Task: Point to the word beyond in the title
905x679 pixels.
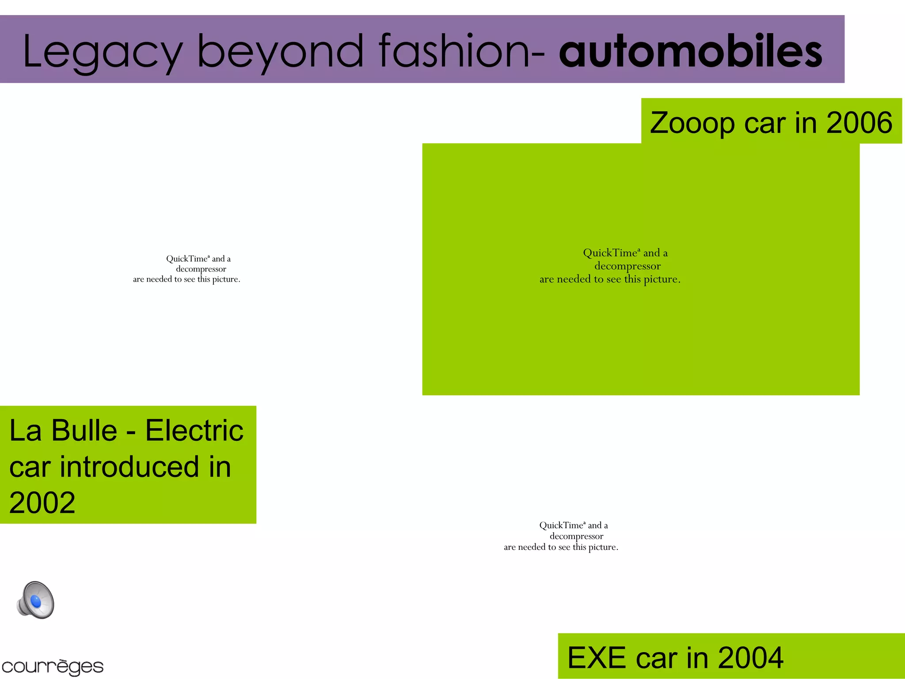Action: coord(280,52)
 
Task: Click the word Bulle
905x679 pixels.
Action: coord(84,430)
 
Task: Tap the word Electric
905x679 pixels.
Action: coord(194,430)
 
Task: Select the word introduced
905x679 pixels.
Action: coord(129,467)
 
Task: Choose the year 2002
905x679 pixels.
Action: coord(42,503)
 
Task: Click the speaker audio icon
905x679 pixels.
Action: coord(35,600)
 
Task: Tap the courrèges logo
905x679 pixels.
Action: coord(52,667)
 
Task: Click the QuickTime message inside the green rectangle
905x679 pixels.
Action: coord(610,266)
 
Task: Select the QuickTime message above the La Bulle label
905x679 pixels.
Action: coord(187,269)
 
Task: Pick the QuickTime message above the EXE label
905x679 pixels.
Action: coord(561,536)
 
